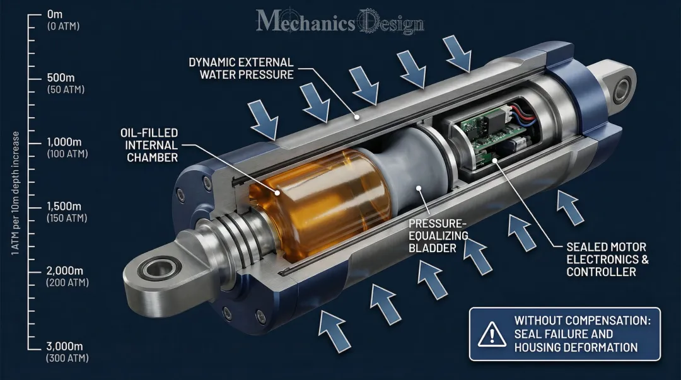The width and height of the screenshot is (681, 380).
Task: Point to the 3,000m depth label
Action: pos(65,346)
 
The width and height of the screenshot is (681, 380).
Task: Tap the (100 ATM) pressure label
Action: pos(67,154)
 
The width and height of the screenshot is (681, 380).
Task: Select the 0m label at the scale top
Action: pos(55,14)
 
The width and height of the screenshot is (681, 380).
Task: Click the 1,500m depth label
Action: pos(64,207)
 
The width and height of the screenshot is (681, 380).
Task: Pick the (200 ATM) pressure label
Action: pos(67,283)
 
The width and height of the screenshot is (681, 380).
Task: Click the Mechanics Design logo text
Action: pos(340,23)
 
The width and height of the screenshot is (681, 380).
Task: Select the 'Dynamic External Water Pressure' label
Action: pos(241,68)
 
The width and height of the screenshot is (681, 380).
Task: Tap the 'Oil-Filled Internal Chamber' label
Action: pos(149,145)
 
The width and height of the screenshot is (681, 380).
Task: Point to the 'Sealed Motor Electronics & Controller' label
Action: pos(607,259)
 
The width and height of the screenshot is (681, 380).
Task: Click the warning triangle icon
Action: pos(488,335)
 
